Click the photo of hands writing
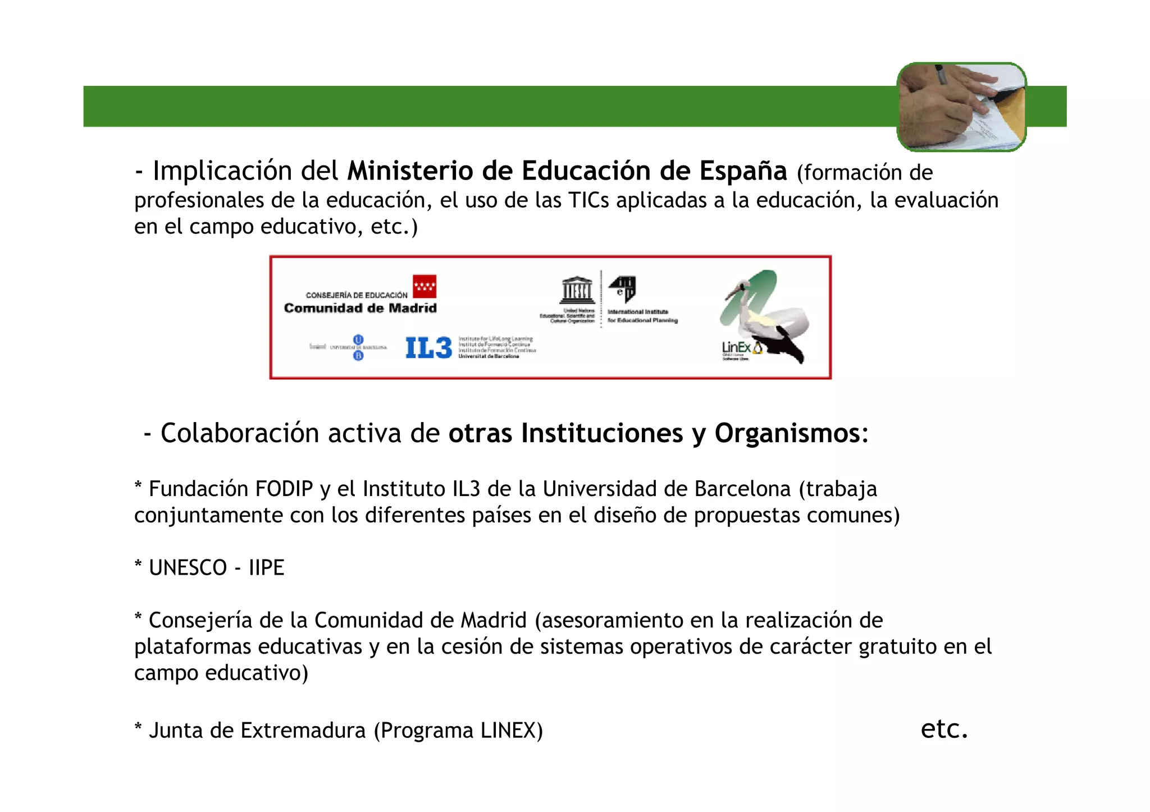(x=961, y=107)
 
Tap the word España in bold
(x=742, y=171)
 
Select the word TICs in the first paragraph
(x=588, y=200)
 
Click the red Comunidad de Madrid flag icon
(x=425, y=286)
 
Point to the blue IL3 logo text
(x=428, y=348)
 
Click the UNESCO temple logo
(x=577, y=290)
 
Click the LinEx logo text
(x=736, y=348)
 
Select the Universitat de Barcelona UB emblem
(x=358, y=347)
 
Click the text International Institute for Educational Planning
(x=642, y=316)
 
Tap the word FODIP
(x=284, y=489)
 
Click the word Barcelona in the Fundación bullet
(x=742, y=489)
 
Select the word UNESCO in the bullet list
(x=188, y=568)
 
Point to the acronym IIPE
(x=266, y=568)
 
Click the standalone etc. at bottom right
(x=944, y=729)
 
